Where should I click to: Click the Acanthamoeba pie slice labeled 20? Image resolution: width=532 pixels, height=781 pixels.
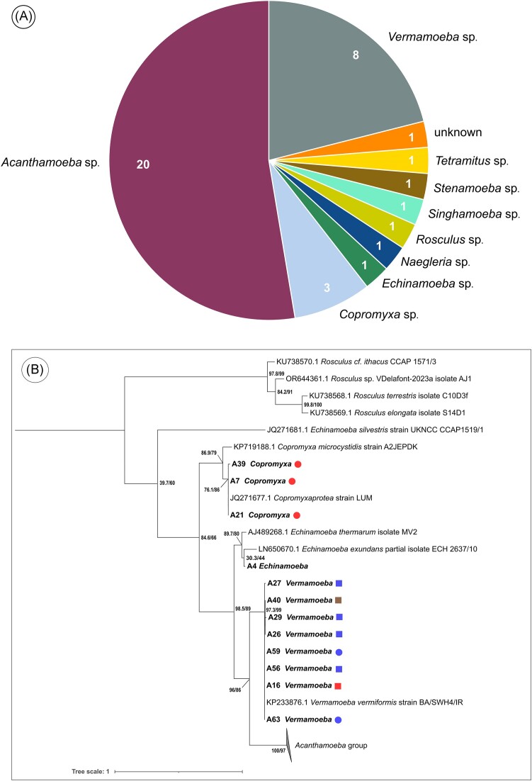click(x=177, y=163)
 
